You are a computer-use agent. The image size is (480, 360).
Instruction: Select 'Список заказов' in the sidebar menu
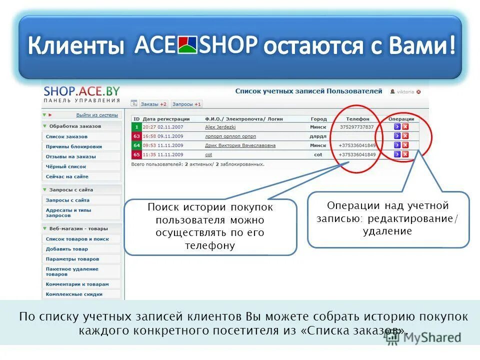click(x=66, y=136)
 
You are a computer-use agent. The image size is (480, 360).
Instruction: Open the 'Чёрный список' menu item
click(x=66, y=166)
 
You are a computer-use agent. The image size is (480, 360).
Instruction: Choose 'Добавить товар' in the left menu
click(x=66, y=249)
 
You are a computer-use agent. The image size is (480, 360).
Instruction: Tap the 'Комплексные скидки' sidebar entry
click(x=74, y=294)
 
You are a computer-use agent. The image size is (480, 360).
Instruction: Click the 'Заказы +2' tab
click(x=153, y=104)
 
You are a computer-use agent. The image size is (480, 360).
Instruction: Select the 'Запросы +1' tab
click(x=186, y=104)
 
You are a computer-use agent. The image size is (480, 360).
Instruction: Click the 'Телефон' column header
click(x=357, y=119)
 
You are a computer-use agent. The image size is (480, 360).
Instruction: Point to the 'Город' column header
click(x=318, y=119)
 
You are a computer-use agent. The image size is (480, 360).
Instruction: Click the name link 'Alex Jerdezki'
click(x=220, y=127)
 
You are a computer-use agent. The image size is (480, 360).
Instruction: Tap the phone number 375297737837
click(x=357, y=127)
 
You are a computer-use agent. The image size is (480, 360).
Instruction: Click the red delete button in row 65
click(x=405, y=154)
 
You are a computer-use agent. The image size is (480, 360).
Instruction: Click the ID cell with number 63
click(x=136, y=136)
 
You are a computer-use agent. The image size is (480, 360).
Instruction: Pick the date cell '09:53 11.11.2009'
click(x=163, y=145)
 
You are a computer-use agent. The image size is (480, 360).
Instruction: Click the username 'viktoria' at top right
click(x=406, y=92)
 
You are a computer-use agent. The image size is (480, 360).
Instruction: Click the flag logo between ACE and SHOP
click(x=187, y=45)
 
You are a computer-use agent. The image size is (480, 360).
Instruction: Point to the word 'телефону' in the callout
click(x=210, y=245)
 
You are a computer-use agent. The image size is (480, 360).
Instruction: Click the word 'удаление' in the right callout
click(x=388, y=230)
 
